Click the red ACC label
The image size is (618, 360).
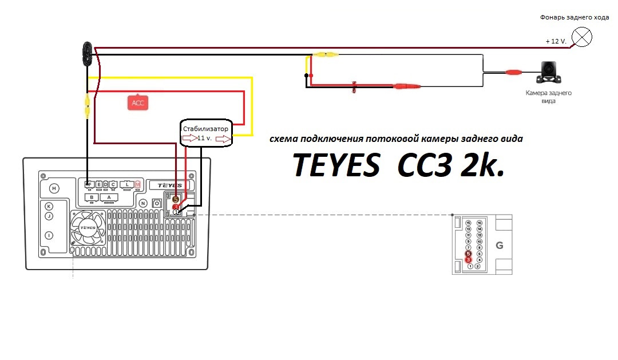pos(138,103)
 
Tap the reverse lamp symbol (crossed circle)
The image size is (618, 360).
pos(583,38)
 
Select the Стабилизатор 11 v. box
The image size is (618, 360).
pos(206,133)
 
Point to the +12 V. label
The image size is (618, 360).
pos(556,42)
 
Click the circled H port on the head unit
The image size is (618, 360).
pos(54,188)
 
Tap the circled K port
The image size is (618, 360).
pos(49,206)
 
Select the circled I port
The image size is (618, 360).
pos(49,235)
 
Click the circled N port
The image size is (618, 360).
pos(142,202)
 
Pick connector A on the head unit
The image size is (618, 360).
pos(109,197)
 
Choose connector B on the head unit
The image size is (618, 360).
pos(90,197)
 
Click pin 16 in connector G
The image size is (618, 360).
pos(479,222)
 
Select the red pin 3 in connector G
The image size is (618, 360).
pos(468,260)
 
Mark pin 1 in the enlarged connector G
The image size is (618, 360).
pos(470,266)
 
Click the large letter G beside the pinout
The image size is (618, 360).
pos(499,246)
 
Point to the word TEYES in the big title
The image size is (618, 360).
pos(336,165)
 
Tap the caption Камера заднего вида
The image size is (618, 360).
pos(548,97)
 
